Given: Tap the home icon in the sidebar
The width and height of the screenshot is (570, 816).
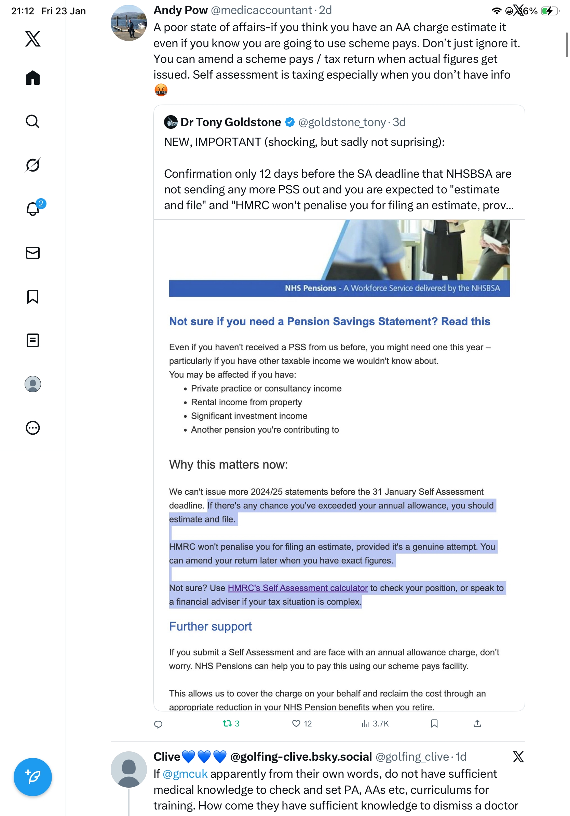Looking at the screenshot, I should coord(33,78).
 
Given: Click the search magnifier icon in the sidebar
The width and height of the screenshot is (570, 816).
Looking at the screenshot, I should coord(33,122).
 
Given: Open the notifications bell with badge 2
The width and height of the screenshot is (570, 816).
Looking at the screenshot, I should coord(33,209).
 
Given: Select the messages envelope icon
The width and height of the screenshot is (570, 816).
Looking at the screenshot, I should coord(33,253).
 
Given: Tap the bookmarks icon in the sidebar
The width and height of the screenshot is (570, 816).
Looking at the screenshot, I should coord(33,296).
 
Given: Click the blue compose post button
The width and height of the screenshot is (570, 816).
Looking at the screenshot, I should coord(33,777).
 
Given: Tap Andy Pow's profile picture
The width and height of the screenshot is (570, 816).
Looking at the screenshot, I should coord(128,23).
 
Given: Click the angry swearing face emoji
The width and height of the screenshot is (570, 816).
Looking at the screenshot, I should coord(161,90).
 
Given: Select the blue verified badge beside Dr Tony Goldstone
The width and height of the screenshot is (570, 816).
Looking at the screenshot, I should coord(290,122).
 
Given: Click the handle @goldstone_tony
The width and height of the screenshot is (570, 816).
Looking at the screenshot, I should coord(342,122).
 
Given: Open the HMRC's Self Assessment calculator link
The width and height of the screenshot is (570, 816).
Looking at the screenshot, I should coord(297,588).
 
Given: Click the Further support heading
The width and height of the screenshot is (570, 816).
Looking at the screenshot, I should coord(211,626).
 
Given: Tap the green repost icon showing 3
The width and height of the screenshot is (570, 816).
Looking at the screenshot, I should coord(228,723).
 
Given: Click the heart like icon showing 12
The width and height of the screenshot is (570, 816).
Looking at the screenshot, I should coord(296,723).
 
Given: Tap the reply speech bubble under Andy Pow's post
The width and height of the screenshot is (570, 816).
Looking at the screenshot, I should coord(158,724).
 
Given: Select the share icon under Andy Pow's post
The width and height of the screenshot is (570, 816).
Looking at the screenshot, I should coord(477,723).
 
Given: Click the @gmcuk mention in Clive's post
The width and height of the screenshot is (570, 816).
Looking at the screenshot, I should coord(185,774).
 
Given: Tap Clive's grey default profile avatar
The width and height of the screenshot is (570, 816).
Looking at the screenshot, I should coord(128,769).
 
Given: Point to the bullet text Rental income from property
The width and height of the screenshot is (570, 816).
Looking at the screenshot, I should coord(246,402).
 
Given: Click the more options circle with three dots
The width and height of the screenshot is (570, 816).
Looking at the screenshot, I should coord(33,428).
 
